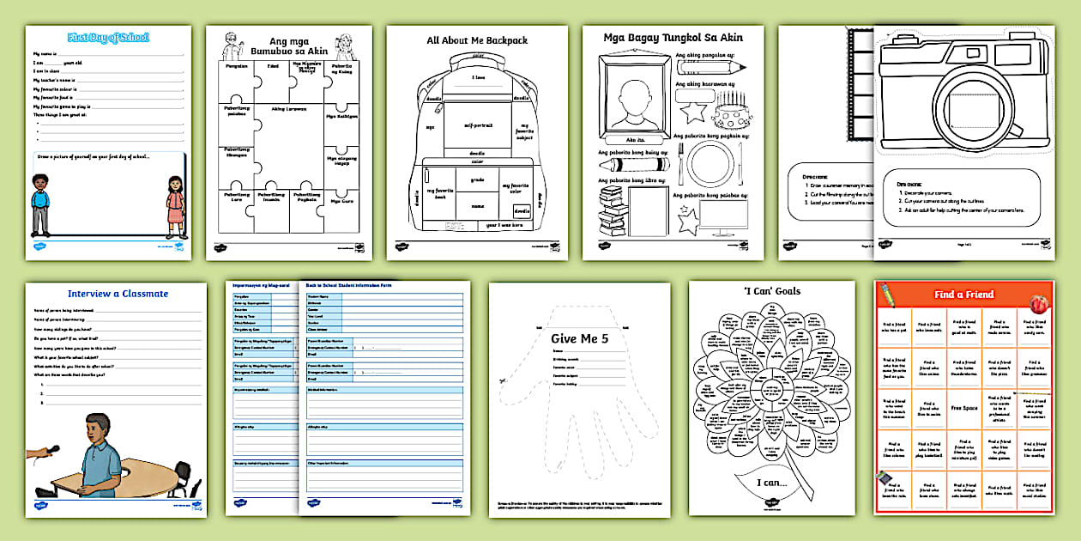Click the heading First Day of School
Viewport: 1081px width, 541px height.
coord(108,38)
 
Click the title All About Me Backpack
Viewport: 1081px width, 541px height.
coord(477,40)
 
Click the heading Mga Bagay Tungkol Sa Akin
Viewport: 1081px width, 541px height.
coord(673,37)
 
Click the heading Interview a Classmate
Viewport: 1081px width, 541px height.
coord(118,294)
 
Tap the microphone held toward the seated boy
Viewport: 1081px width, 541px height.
coord(49,449)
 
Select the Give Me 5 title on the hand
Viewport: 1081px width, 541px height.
coord(580,337)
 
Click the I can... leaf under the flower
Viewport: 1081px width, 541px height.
coord(770,483)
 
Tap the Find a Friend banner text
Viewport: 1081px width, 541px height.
coord(963,295)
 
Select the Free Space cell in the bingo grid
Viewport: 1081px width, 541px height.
coord(963,408)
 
